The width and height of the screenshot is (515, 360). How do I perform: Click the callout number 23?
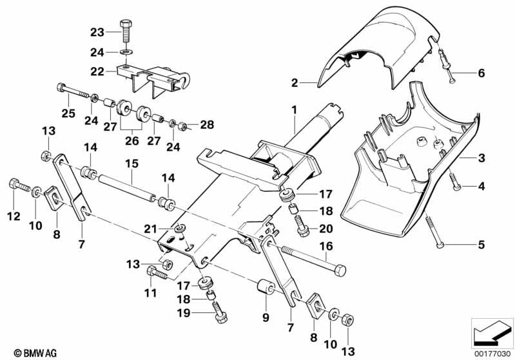coord(96,32)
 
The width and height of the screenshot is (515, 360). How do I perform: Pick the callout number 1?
coord(293,110)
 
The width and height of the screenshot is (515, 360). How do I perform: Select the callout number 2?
coord(293,82)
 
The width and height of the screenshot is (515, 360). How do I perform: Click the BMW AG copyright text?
coord(24,352)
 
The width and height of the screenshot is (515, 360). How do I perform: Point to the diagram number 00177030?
coord(492,352)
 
